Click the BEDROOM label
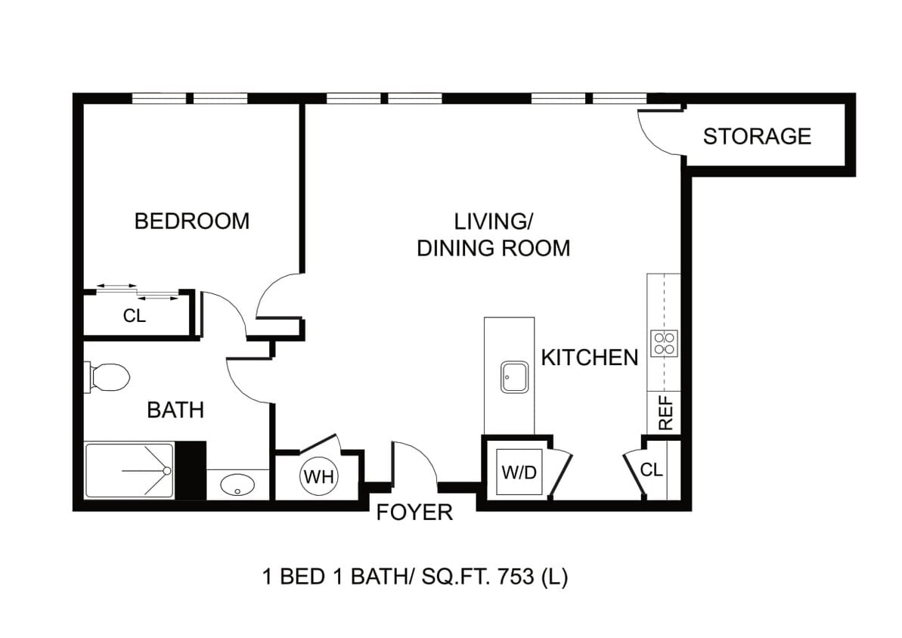(x=192, y=221)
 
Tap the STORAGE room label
(x=757, y=136)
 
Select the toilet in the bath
(x=107, y=377)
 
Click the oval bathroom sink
(x=237, y=485)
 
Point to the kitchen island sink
(x=514, y=377)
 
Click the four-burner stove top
(x=664, y=343)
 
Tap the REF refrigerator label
(x=665, y=413)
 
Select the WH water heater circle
(x=319, y=476)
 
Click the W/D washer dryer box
(x=519, y=472)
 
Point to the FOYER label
(x=414, y=513)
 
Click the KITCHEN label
(x=590, y=358)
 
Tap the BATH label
(x=175, y=410)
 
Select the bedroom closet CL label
(x=135, y=316)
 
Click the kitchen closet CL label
(x=651, y=470)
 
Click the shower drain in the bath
(x=167, y=471)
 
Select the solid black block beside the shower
(x=191, y=471)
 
